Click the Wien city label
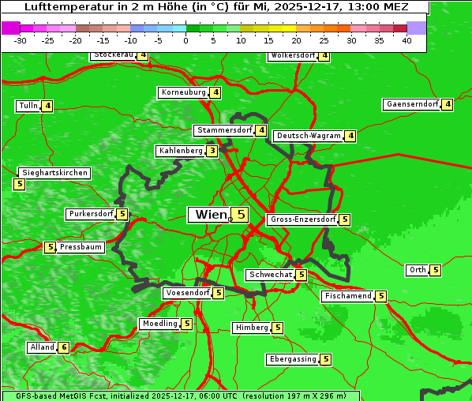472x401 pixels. [210, 215]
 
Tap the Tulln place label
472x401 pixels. [28, 106]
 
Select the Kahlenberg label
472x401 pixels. [181, 151]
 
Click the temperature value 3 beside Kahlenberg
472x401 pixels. [212, 151]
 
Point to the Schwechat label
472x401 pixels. [270, 275]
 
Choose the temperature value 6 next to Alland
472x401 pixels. [63, 347]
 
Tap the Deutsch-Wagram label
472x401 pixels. [309, 136]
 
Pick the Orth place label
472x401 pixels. [418, 270]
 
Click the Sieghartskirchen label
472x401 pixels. [54, 173]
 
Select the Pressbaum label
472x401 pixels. [81, 247]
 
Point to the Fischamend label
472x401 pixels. [347, 296]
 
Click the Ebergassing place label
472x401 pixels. [293, 359]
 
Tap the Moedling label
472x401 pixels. [159, 324]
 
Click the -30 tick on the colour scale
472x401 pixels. [21, 40]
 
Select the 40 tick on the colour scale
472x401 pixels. [406, 40]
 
